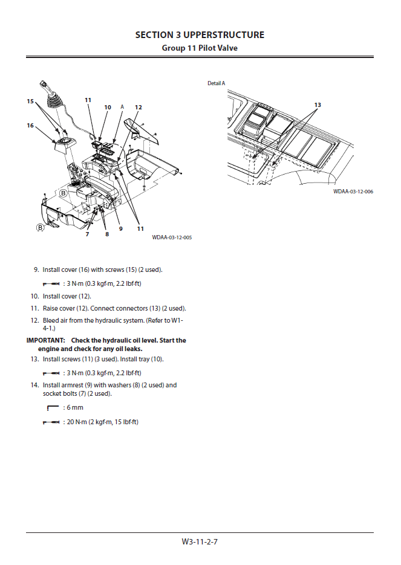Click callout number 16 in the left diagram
point(30,126)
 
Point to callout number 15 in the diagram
point(30,102)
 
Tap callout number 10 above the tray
point(108,108)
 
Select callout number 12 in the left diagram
point(139,108)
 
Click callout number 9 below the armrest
point(121,228)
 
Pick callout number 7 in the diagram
point(87,234)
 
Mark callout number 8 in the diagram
point(107,234)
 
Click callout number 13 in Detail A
point(318,105)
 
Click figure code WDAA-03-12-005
point(172,237)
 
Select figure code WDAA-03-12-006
point(353,192)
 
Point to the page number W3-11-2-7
point(200,541)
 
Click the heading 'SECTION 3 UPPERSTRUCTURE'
point(200,35)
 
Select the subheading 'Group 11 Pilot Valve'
point(200,48)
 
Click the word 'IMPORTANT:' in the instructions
point(45,341)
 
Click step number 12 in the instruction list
point(34,320)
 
